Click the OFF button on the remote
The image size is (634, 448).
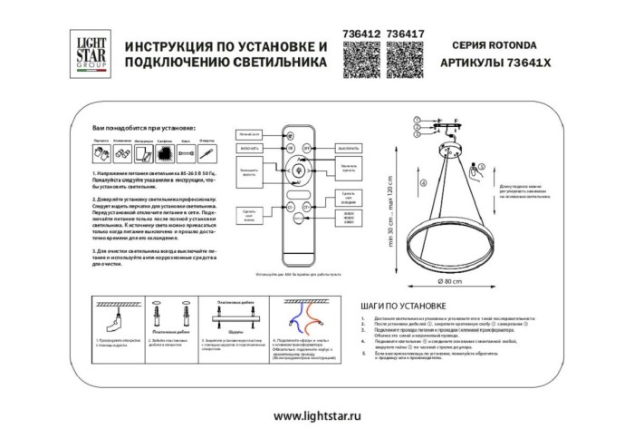click(305, 147)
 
